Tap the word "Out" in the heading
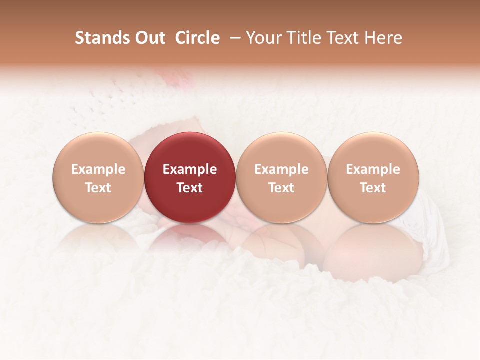click(149, 38)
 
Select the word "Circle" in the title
click(197, 38)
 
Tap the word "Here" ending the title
click(383, 38)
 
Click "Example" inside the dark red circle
click(190, 169)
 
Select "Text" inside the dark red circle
click(190, 188)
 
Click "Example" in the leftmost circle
click(98, 169)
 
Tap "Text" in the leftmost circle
click(98, 188)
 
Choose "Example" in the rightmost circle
click(373, 169)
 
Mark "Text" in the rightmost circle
click(373, 188)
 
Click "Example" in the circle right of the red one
click(281, 169)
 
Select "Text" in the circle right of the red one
click(281, 188)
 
